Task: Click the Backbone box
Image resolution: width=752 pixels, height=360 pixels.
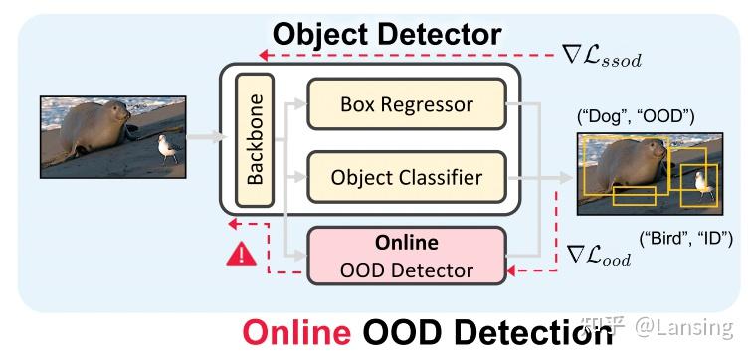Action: [x=256, y=140]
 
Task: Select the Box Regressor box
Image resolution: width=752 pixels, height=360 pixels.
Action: [x=406, y=103]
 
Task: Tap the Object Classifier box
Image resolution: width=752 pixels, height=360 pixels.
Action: [x=406, y=178]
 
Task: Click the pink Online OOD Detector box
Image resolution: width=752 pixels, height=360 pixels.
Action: [x=406, y=255]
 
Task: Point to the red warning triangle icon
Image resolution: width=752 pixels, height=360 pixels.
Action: [x=241, y=255]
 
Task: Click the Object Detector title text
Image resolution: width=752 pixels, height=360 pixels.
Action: [x=387, y=34]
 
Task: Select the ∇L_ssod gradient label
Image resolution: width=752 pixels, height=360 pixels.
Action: [x=602, y=56]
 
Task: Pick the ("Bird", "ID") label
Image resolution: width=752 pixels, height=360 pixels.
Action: [x=684, y=238]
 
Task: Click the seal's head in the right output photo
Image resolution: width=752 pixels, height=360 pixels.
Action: [x=653, y=151]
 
